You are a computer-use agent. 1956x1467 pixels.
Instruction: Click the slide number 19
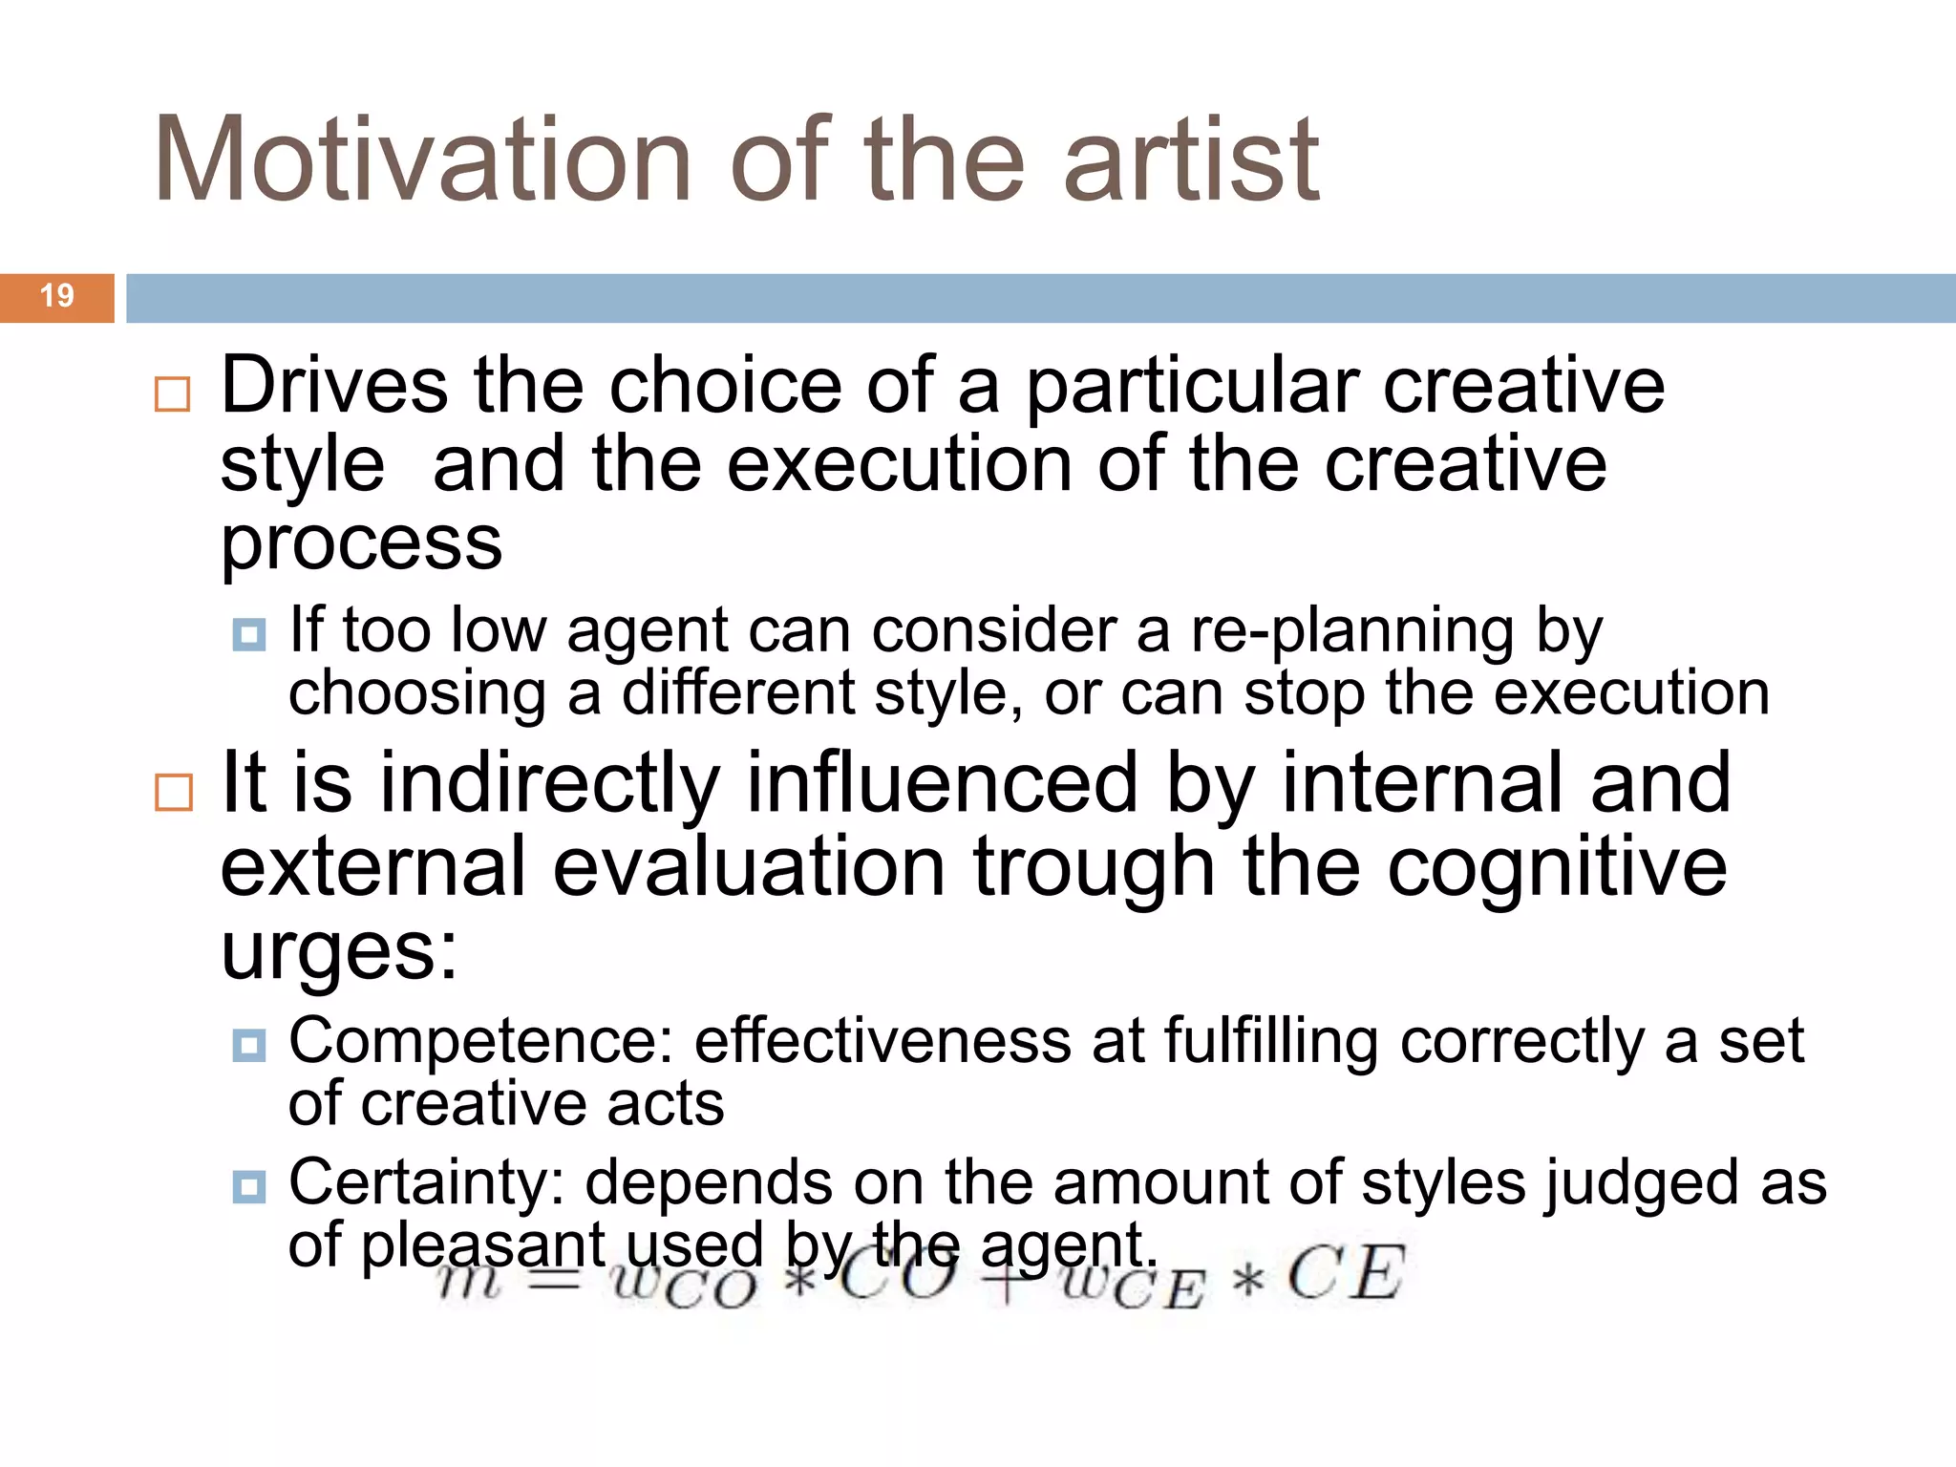pos(57,296)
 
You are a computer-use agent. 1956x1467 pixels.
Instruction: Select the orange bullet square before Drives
pos(173,393)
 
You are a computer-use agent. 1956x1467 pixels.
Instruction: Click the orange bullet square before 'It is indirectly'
pos(173,792)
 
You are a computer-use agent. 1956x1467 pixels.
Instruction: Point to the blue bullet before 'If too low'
pos(249,635)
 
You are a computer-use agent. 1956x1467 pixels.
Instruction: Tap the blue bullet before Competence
pos(249,1045)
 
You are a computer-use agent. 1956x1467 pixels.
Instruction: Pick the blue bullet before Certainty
pos(249,1187)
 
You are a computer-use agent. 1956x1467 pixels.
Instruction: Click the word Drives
pos(333,386)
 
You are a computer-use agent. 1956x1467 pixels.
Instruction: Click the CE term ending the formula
pos(1346,1274)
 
